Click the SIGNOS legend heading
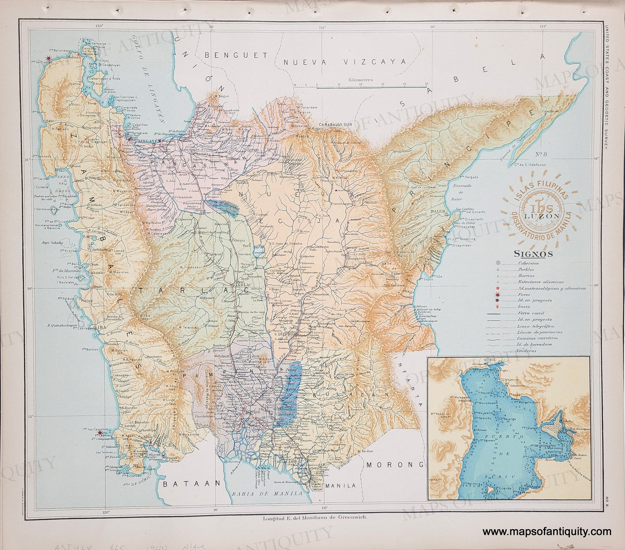533,254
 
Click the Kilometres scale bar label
361,80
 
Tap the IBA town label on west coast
102,328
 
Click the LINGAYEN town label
149,141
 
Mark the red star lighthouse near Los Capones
100,432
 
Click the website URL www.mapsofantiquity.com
546,532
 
